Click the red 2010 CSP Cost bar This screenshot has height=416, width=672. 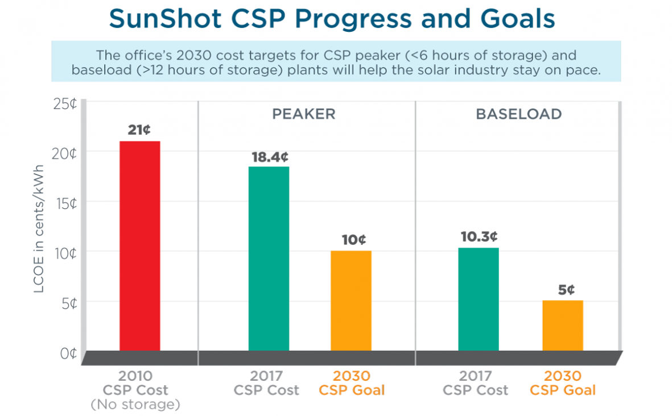[x=139, y=246]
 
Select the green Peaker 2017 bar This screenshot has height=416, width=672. [x=269, y=259]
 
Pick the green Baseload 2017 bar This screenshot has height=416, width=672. [x=478, y=299]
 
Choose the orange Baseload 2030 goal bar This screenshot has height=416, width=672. [x=562, y=325]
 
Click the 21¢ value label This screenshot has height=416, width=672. [x=139, y=130]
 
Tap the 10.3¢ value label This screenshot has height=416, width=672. [x=479, y=236]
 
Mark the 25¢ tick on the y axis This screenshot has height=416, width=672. [x=66, y=104]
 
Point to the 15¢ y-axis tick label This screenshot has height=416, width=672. [x=66, y=203]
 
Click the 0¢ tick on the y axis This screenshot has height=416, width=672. [x=69, y=353]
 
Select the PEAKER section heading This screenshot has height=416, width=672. [x=303, y=114]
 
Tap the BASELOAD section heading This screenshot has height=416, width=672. [x=518, y=114]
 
